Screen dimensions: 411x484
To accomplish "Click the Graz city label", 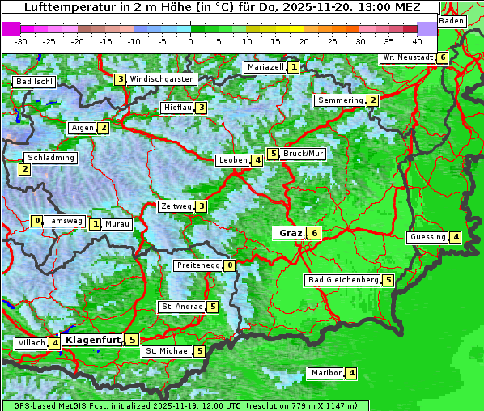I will pyautogui.click(x=289, y=233).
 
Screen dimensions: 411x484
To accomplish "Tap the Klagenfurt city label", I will pyautogui.click(x=92, y=340).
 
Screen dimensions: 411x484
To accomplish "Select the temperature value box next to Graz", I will pyautogui.click(x=315, y=233).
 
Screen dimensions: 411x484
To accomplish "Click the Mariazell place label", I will pyautogui.click(x=265, y=67).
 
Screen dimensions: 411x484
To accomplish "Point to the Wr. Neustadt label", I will pyautogui.click(x=407, y=57).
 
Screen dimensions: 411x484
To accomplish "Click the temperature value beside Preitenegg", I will pyautogui.click(x=230, y=265).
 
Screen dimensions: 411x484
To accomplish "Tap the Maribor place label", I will pyautogui.click(x=325, y=373).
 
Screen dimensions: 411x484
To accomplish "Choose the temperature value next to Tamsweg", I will pyautogui.click(x=36, y=221).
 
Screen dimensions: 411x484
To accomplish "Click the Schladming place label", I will pyautogui.click(x=50, y=158).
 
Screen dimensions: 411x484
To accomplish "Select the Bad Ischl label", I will pyautogui.click(x=34, y=82).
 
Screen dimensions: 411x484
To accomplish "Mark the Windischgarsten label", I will pyautogui.click(x=162, y=79).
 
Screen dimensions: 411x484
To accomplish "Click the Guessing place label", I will pyautogui.click(x=427, y=237).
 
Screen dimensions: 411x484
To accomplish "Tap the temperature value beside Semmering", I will pyautogui.click(x=372, y=100).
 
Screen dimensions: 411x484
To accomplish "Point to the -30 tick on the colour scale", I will pyautogui.click(x=21, y=40).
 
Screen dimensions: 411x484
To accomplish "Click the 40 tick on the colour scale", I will pyautogui.click(x=417, y=40).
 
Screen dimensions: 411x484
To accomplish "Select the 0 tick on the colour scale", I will pyautogui.click(x=191, y=40).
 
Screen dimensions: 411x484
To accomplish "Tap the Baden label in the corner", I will pyautogui.click(x=452, y=21).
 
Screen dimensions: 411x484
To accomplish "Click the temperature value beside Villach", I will pyautogui.click(x=55, y=343).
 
